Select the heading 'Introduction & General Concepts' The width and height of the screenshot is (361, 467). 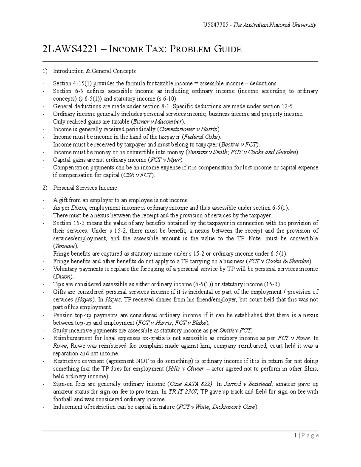pos(94,71)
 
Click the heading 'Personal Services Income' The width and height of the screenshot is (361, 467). pos(85,188)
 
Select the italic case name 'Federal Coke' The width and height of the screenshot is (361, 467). pos(198,137)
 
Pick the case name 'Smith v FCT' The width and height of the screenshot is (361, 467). pos(235,331)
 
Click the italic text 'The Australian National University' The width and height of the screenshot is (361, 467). pos(275,25)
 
